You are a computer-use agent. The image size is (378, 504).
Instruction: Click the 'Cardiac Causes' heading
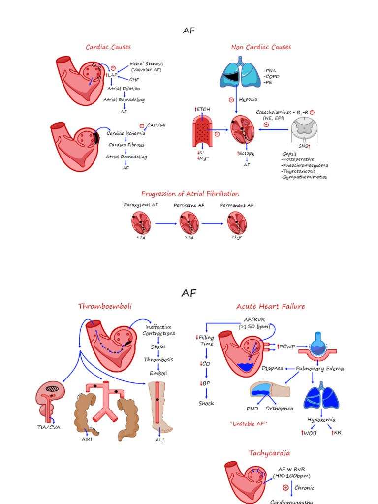pyautogui.click(x=108, y=47)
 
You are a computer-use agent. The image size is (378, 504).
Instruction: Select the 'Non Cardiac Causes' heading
pyautogui.click(x=261, y=47)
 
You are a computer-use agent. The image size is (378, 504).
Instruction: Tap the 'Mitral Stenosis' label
pyautogui.click(x=147, y=64)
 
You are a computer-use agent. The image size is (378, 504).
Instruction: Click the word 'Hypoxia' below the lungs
pyautogui.click(x=248, y=99)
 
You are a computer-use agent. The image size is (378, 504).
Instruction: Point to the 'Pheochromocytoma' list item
pyautogui.click(x=305, y=165)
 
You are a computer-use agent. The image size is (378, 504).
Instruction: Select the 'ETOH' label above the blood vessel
pyautogui.click(x=203, y=109)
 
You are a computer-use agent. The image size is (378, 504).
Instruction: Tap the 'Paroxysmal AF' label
pyautogui.click(x=141, y=205)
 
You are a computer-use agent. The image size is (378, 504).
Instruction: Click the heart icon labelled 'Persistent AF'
pyautogui.click(x=189, y=223)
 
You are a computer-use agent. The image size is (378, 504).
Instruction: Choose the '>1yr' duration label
pyautogui.click(x=237, y=237)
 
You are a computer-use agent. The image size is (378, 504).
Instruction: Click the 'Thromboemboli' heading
pyautogui.click(x=105, y=307)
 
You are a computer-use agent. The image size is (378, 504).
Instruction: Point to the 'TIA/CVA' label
pyautogui.click(x=48, y=427)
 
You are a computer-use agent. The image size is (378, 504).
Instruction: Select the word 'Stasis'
pyautogui.click(x=158, y=346)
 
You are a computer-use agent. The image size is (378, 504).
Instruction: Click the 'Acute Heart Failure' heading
pyautogui.click(x=270, y=307)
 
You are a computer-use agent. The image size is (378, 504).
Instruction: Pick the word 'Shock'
pyautogui.click(x=206, y=403)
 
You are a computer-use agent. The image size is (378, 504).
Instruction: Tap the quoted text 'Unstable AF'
pyautogui.click(x=249, y=424)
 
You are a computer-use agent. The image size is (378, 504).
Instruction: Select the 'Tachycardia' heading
pyautogui.click(x=269, y=453)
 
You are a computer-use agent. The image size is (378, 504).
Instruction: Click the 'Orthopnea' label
pyautogui.click(x=279, y=409)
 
